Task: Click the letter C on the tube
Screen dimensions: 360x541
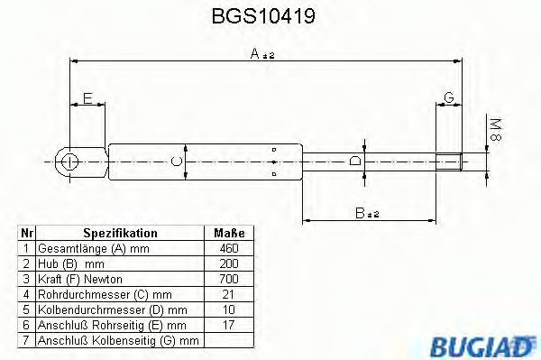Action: [178, 162]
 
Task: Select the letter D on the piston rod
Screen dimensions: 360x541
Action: [355, 162]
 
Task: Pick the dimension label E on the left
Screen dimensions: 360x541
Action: [87, 97]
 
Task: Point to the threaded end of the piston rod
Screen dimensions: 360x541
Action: [450, 162]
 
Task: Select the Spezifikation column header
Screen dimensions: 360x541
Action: [120, 233]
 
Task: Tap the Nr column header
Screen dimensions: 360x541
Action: [26, 233]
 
